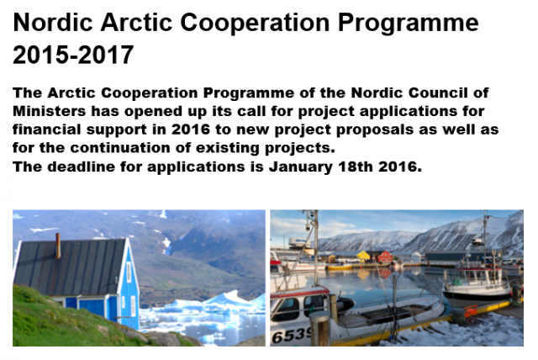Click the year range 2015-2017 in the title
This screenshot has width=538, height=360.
(73, 55)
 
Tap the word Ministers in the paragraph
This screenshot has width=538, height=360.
(49, 111)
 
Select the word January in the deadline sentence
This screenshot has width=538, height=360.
(301, 167)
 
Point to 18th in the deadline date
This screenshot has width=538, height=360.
(355, 167)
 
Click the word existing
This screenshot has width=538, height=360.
(228, 149)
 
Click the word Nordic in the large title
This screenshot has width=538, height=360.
(53, 23)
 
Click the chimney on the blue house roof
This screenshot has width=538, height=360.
(58, 246)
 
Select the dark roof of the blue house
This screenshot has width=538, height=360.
(70, 267)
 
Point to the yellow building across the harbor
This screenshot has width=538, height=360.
(363, 257)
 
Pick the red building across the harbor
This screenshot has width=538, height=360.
(385, 257)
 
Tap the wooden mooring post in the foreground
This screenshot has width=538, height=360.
(319, 329)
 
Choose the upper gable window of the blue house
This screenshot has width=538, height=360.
(129, 273)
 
